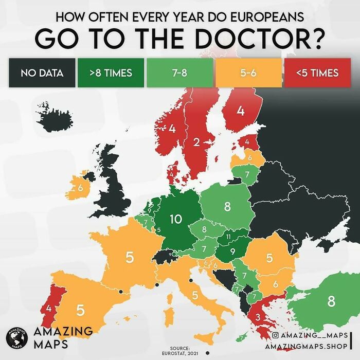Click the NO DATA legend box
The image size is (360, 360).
[42, 73]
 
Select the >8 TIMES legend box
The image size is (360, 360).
[110, 73]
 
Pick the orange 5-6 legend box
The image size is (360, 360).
[248, 73]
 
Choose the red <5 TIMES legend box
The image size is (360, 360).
[317, 73]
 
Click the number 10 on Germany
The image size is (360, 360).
[176, 219]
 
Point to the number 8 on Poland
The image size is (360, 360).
[227, 207]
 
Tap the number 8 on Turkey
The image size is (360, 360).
[331, 300]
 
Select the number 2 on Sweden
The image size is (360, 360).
[196, 142]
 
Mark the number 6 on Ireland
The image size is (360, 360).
[80, 188]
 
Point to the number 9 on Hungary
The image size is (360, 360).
[232, 251]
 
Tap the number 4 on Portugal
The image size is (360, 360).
[48, 309]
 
